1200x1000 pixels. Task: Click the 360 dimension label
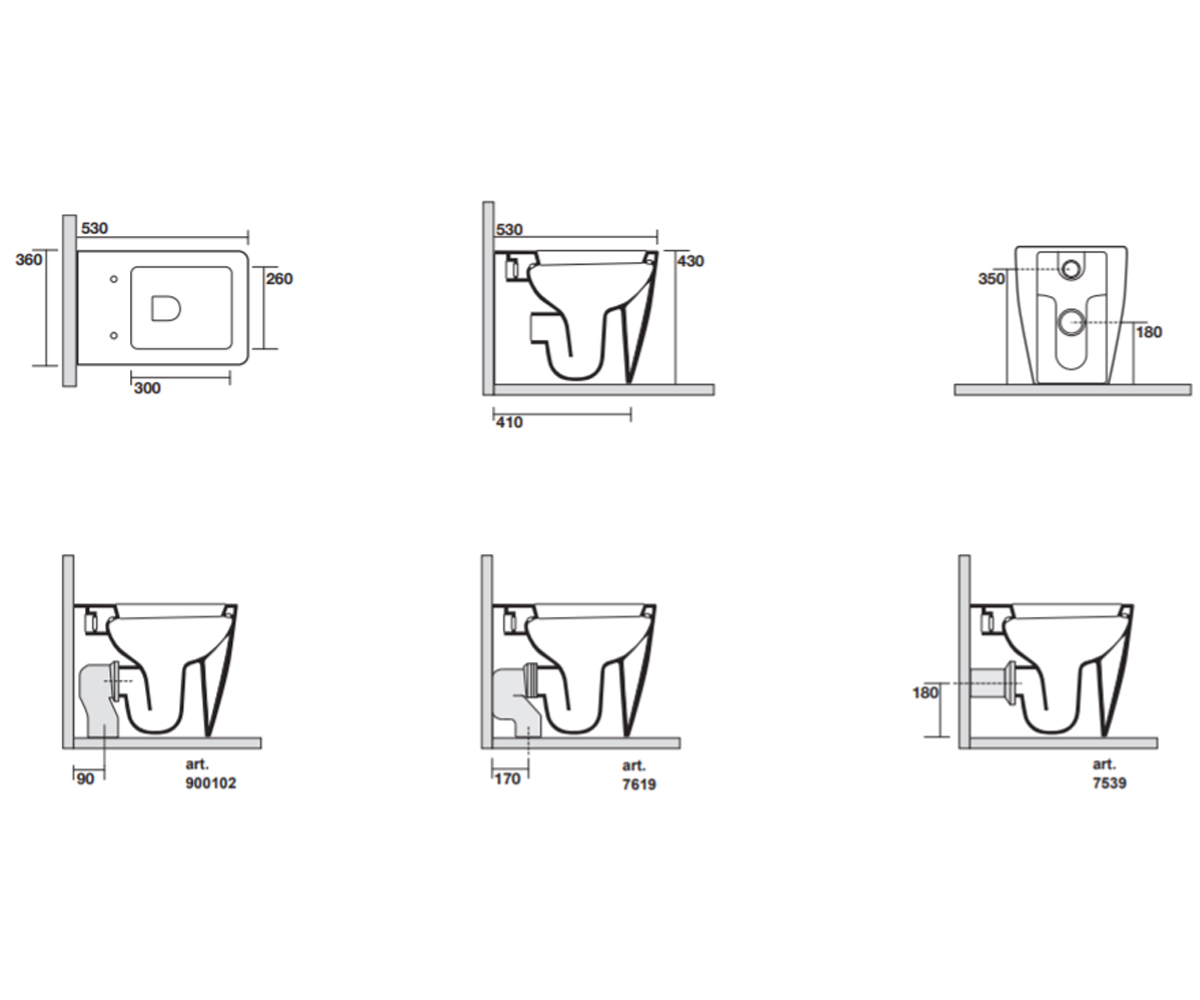pos(29,260)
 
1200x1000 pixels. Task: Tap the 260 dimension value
pos(279,279)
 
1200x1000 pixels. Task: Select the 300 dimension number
pos(147,389)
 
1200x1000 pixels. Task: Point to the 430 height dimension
pos(690,261)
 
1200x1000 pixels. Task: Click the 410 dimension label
pos(509,423)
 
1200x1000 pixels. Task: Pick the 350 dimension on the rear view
pos(991,279)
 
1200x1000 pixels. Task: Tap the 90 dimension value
pos(86,779)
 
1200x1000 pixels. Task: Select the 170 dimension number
pos(507,779)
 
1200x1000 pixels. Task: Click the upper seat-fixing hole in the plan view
pos(114,279)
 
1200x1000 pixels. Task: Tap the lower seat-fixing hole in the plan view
pos(114,335)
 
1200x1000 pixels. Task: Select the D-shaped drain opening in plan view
pos(166,308)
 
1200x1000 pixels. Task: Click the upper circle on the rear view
pos(1071,269)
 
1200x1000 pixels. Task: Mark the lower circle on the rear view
pos(1070,322)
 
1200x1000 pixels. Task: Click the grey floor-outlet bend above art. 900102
pos(99,700)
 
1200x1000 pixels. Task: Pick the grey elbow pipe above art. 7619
pos(517,701)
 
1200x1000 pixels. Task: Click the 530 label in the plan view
pos(94,229)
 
